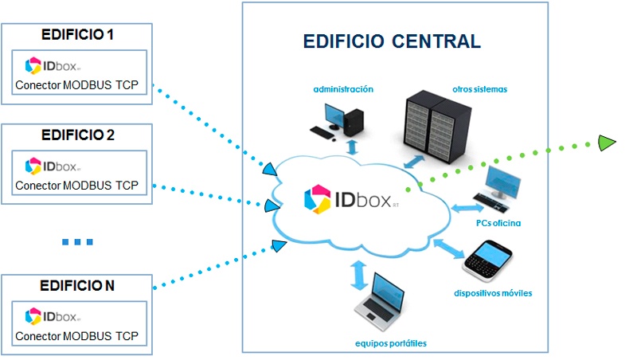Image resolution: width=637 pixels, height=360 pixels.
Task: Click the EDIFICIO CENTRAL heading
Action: [393, 41]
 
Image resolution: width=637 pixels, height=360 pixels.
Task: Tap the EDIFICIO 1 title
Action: [78, 36]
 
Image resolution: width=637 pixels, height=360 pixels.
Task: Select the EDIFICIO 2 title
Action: [78, 135]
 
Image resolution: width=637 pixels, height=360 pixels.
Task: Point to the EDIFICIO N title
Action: [77, 284]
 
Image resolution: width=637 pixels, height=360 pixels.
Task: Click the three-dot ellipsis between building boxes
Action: [77, 241]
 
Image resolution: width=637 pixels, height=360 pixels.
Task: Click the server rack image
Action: [436, 123]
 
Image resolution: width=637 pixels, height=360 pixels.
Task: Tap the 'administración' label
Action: [343, 89]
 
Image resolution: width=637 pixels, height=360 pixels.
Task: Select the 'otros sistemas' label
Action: [480, 89]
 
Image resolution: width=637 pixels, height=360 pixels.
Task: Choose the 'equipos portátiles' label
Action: [391, 343]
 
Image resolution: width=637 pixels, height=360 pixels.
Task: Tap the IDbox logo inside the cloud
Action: [352, 199]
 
